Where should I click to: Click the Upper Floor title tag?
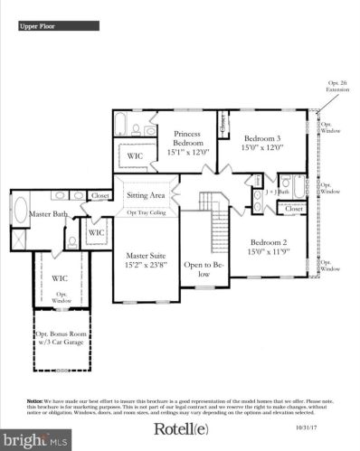(x=37, y=27)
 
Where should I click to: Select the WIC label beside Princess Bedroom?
(x=136, y=156)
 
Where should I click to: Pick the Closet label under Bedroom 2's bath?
(x=293, y=208)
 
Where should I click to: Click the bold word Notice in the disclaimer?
(x=35, y=399)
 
